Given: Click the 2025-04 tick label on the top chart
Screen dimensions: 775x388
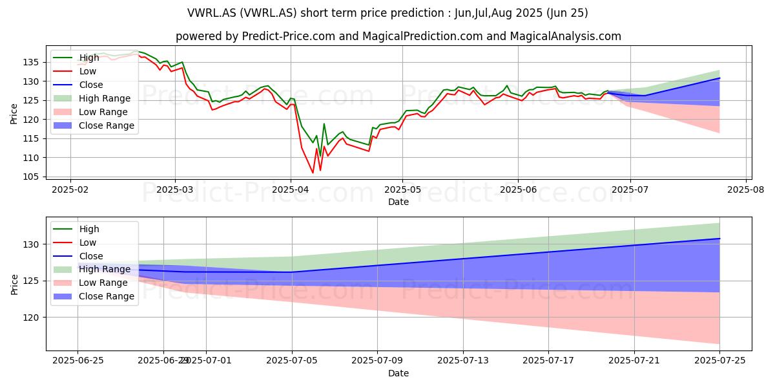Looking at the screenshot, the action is [x=290, y=190].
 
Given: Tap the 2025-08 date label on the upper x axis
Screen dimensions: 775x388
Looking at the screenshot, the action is [x=745, y=190].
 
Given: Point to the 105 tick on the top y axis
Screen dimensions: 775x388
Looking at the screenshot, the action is [x=31, y=177].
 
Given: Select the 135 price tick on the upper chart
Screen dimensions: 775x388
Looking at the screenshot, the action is [x=31, y=62].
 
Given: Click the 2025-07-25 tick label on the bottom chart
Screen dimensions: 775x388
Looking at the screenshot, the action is [x=719, y=361].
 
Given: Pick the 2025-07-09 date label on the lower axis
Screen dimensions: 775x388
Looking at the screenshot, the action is [x=377, y=361].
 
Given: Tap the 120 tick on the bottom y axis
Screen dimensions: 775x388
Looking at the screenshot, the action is [x=31, y=318].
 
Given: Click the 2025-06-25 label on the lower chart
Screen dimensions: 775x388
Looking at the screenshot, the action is [x=78, y=361].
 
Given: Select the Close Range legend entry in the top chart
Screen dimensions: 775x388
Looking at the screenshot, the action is [x=94, y=125].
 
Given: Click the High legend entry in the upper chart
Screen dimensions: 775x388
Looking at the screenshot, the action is [x=76, y=58].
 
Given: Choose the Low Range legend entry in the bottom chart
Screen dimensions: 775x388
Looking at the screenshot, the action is [x=90, y=283].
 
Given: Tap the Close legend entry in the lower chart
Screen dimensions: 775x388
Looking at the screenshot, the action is [x=78, y=256].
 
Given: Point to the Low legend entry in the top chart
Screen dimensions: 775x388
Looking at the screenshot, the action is [x=75, y=71].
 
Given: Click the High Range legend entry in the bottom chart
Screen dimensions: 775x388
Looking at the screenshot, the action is [x=92, y=269].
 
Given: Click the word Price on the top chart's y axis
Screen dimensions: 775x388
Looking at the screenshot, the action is [x=14, y=114].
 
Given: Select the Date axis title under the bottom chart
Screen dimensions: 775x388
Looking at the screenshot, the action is [x=398, y=373].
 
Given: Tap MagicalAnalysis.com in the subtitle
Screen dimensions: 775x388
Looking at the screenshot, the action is [x=565, y=36].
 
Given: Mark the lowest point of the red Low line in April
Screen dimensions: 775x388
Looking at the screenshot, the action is [x=313, y=173].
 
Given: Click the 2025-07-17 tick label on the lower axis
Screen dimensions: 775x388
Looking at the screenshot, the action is [x=548, y=361].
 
